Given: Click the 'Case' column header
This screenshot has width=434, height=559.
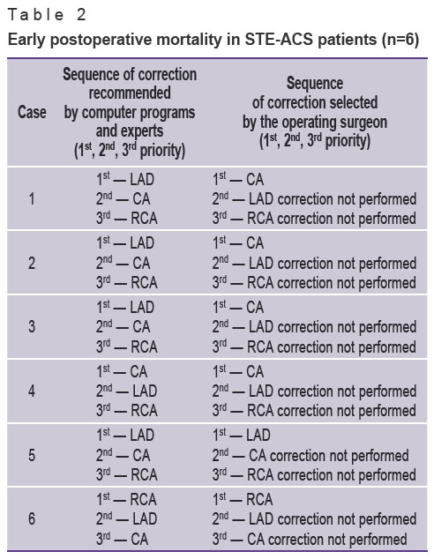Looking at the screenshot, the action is tap(32, 112).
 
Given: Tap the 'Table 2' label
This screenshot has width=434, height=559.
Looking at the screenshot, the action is tap(47, 15).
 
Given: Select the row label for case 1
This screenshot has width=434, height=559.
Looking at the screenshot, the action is tap(32, 198).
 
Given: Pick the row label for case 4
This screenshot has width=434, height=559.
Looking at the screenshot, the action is tap(32, 391).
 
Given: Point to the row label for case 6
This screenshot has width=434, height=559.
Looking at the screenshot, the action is tap(32, 518).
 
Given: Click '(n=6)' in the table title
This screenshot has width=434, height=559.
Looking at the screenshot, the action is tap(400, 39).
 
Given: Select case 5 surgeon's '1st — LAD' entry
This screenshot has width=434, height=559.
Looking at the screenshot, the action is tap(241, 436).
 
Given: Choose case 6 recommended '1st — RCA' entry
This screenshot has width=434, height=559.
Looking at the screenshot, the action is tap(126, 499).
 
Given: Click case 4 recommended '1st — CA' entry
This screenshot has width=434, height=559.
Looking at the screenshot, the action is tap(122, 372).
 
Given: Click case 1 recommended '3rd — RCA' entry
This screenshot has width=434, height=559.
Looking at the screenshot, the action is tap(127, 218).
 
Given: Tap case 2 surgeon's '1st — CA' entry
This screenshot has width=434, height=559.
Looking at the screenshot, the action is tap(238, 243).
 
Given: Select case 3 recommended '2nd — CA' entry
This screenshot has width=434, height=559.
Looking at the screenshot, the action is tap(123, 327).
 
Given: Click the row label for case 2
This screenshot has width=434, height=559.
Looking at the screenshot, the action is tap(32, 263).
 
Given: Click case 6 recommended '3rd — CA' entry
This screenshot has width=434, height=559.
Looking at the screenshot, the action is tap(122, 539).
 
